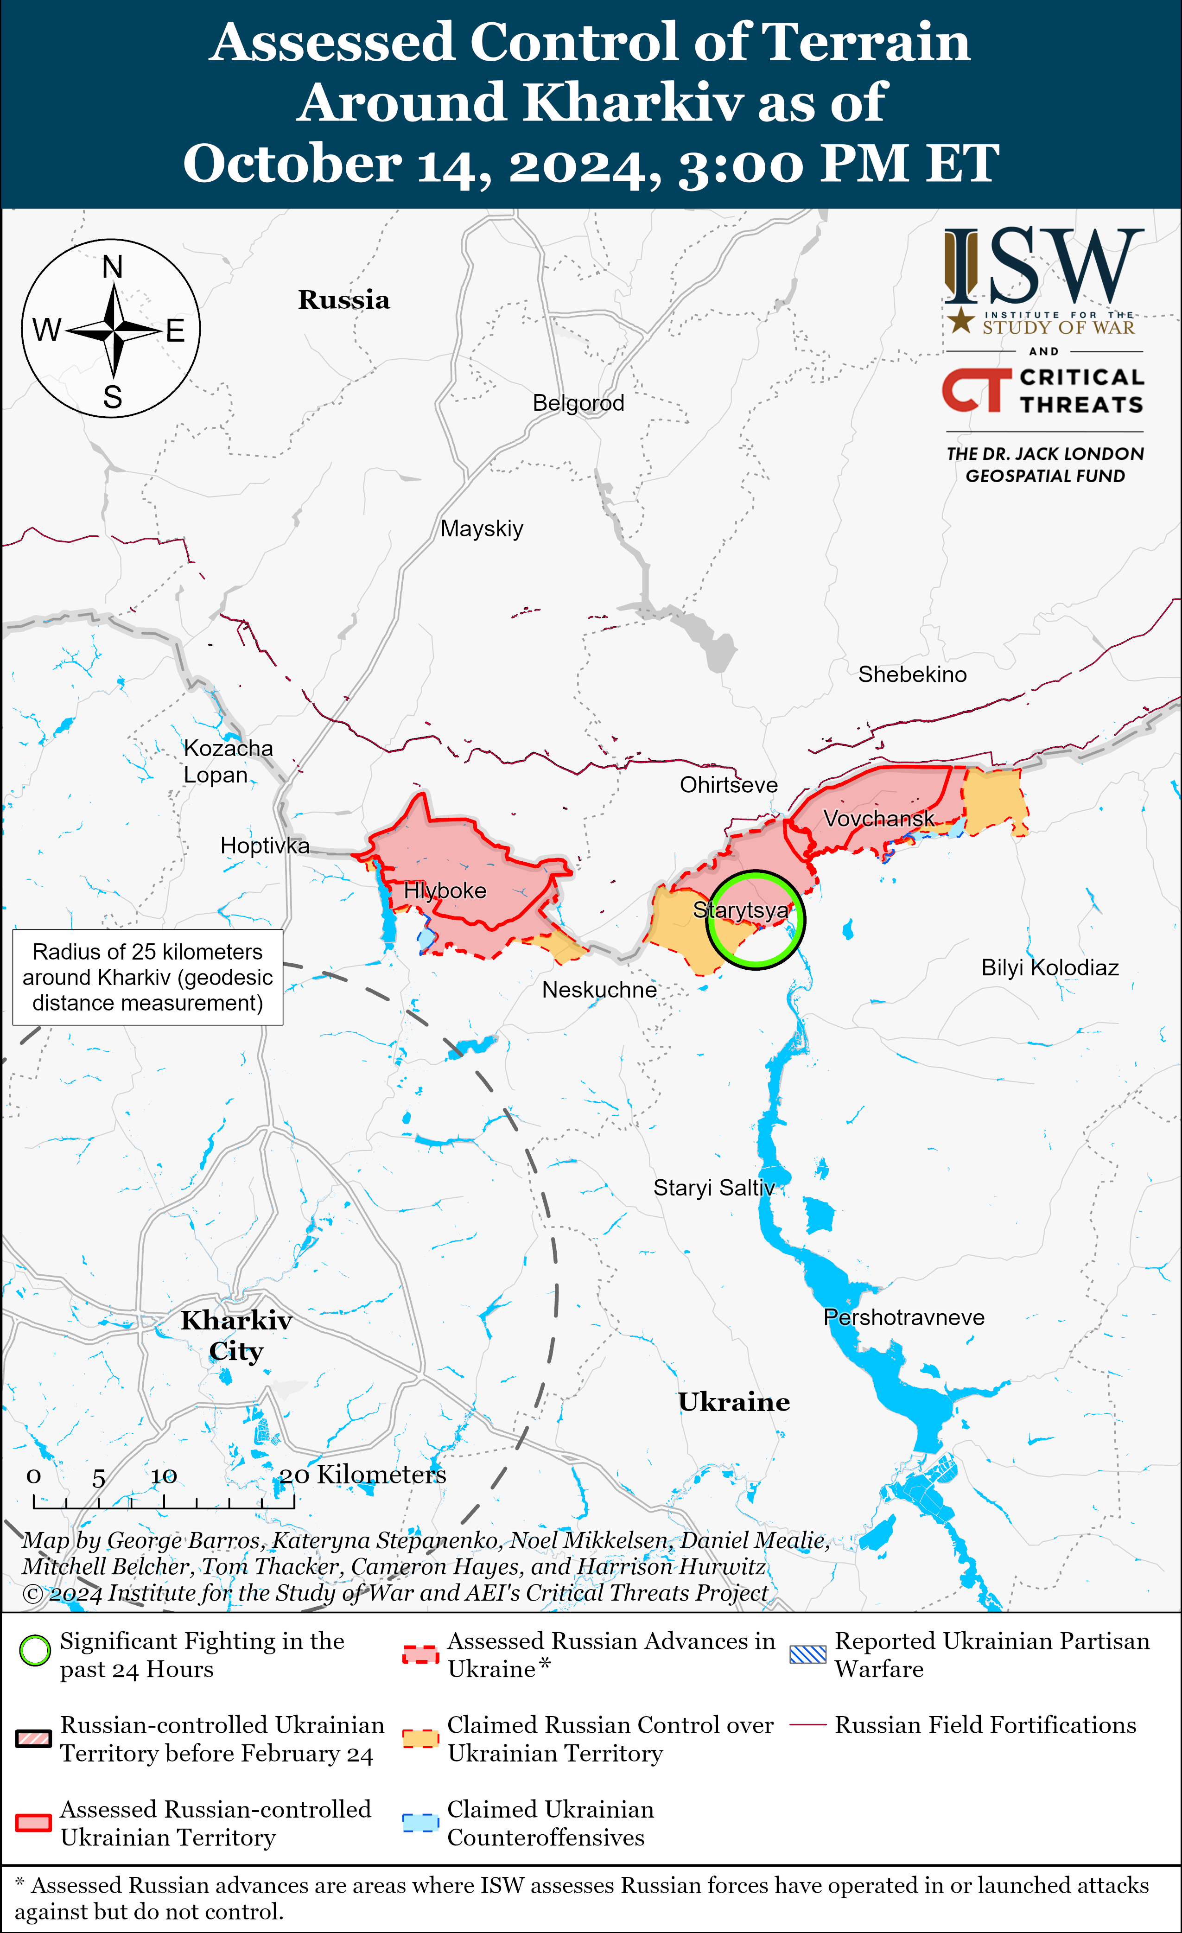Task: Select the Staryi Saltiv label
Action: [x=714, y=1188]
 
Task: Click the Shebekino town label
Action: [x=912, y=674]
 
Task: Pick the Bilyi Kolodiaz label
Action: [x=1049, y=968]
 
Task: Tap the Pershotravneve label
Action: [x=903, y=1317]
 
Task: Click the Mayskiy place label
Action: [x=482, y=529]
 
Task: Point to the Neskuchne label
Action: [x=599, y=990]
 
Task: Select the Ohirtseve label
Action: [x=729, y=785]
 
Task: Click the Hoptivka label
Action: [x=264, y=846]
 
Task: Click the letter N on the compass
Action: [x=113, y=267]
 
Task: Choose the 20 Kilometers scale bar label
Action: [x=363, y=1475]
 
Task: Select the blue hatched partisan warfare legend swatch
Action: [x=807, y=1654]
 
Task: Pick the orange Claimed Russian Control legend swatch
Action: [x=419, y=1738]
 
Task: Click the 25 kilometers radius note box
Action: [x=147, y=978]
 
